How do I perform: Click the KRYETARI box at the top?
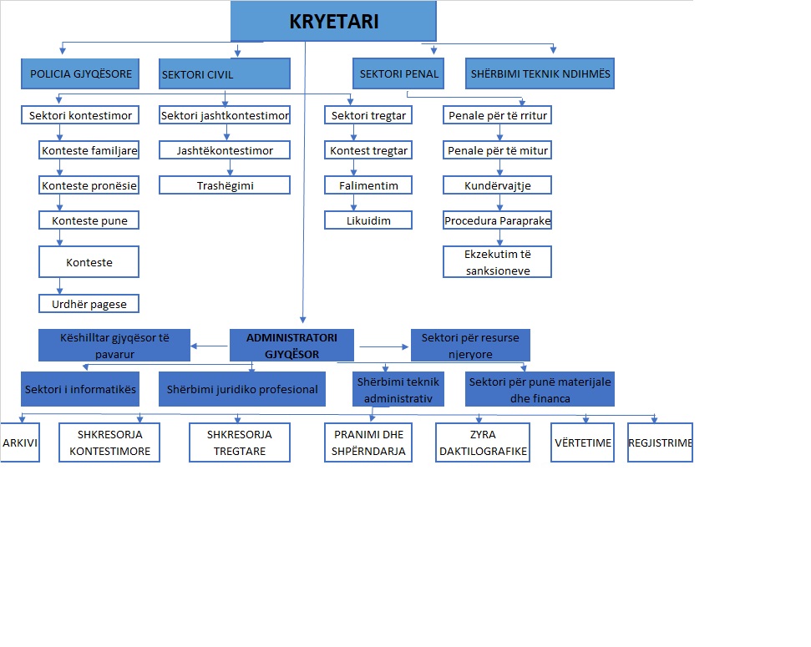click(x=333, y=21)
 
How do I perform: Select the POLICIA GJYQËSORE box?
click(x=80, y=74)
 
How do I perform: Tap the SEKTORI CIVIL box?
click(x=225, y=74)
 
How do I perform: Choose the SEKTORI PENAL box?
click(x=398, y=73)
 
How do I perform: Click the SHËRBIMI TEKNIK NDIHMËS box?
click(x=540, y=73)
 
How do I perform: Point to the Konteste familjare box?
click(x=89, y=150)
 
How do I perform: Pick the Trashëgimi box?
click(x=225, y=185)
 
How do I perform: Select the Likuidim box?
click(x=368, y=220)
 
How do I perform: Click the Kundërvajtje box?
click(x=497, y=185)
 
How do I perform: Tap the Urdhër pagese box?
click(x=89, y=304)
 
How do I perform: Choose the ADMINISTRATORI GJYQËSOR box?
click(x=291, y=346)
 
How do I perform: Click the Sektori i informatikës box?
click(x=80, y=389)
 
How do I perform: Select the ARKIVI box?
click(x=20, y=442)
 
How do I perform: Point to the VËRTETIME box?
click(x=582, y=442)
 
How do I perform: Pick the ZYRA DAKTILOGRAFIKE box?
click(x=483, y=442)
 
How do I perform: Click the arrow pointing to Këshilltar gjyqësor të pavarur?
click(x=210, y=346)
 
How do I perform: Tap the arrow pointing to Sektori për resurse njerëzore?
click(x=383, y=346)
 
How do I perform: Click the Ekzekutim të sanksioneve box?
click(x=497, y=261)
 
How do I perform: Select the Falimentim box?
click(x=368, y=185)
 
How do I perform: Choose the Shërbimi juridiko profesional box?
click(x=242, y=389)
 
